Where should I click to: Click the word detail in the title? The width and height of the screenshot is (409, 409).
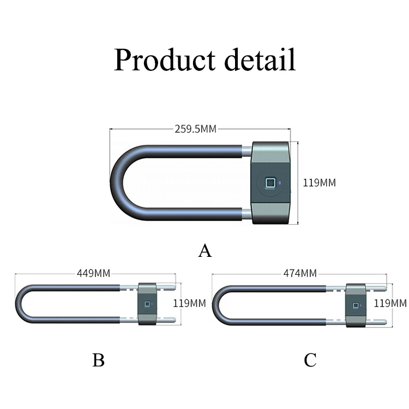pos(256,60)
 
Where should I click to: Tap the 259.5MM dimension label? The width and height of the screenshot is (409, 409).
pos(195,129)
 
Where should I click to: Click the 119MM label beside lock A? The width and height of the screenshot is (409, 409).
pos(320,183)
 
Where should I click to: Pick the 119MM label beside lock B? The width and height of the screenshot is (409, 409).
pos(189,303)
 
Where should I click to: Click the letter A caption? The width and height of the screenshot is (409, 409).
pos(204,250)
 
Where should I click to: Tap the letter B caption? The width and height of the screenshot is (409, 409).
pos(98,360)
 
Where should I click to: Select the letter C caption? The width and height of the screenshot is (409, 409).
pos(310,360)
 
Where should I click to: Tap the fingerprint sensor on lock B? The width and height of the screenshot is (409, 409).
pos(146,304)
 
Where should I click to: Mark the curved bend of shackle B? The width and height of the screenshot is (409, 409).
pos(20,304)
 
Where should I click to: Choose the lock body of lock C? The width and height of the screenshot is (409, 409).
pos(356,316)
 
